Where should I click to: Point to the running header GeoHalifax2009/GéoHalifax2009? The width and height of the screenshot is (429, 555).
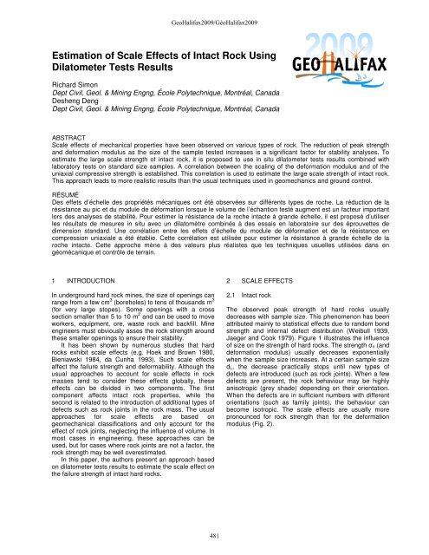(x=215, y=8)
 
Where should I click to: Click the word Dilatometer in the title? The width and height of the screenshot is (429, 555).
(x=83, y=69)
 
